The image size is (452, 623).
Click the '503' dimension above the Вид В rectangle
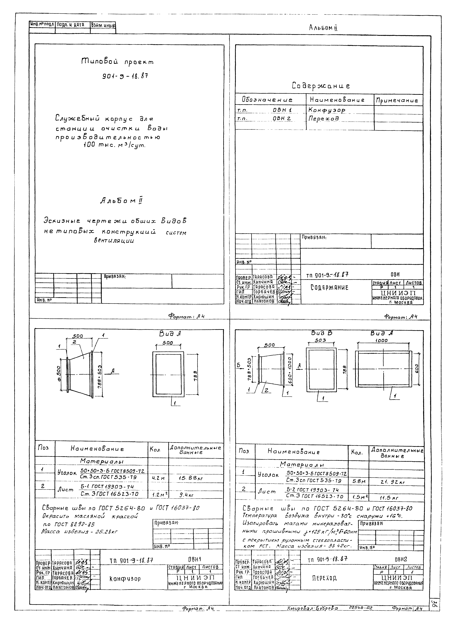coord(320,340)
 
